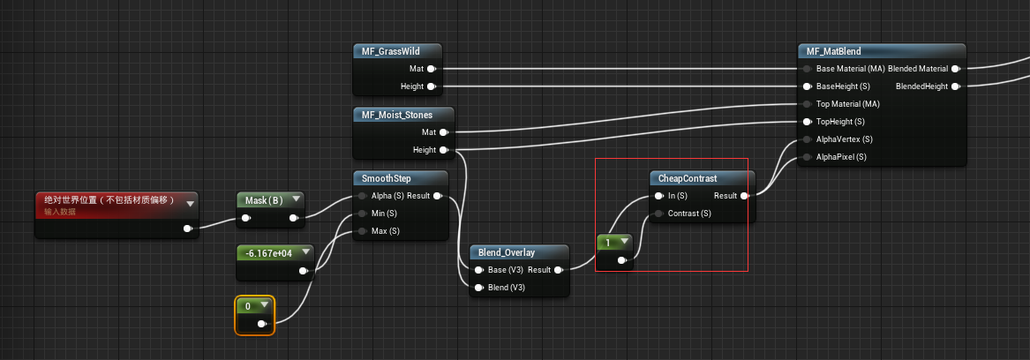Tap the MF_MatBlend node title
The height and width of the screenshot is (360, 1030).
click(834, 51)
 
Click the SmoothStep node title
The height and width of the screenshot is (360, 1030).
click(387, 179)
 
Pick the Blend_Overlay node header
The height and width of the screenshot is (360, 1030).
click(508, 252)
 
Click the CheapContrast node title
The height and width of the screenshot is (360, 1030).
click(688, 178)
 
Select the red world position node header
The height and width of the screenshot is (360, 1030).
click(109, 201)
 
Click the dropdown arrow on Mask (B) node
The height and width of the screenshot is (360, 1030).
click(295, 199)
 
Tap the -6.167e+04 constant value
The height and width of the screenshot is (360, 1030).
click(270, 252)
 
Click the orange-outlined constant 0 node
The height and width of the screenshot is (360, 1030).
click(254, 315)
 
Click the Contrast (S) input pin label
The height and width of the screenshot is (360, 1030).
click(689, 214)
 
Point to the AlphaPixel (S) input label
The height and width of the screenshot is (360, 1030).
click(840, 157)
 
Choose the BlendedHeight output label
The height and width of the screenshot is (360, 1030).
click(921, 86)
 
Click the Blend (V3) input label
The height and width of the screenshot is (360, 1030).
click(507, 288)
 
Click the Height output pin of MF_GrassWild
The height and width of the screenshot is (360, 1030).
click(432, 86)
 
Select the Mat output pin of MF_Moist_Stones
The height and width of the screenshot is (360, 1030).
click(443, 132)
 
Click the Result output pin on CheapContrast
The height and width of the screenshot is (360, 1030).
click(745, 196)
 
